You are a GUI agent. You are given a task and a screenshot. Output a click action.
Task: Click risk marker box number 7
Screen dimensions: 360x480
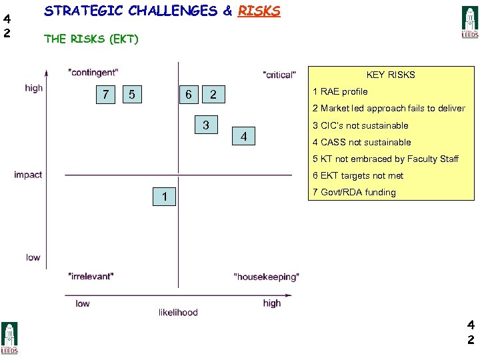(x=105, y=95)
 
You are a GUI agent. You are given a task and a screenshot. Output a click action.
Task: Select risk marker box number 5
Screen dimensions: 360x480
(x=132, y=95)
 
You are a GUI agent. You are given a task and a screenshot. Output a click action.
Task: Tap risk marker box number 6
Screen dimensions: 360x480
(x=189, y=95)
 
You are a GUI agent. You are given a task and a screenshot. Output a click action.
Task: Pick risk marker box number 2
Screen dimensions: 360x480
(x=213, y=95)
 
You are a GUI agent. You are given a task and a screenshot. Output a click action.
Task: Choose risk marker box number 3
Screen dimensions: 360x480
(x=206, y=125)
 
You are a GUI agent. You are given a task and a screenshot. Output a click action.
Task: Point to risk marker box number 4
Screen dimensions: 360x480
(x=244, y=137)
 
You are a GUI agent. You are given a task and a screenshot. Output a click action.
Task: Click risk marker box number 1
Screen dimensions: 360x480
(x=165, y=196)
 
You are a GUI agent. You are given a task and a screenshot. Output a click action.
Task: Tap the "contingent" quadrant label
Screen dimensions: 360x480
(x=93, y=72)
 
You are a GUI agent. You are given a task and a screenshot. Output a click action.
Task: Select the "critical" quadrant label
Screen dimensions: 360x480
(x=279, y=75)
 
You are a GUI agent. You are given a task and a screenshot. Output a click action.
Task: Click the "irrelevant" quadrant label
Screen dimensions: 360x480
(x=91, y=275)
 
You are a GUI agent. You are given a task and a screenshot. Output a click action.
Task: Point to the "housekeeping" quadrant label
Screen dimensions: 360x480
(x=267, y=277)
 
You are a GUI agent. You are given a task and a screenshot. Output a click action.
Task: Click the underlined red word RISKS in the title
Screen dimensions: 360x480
(x=259, y=11)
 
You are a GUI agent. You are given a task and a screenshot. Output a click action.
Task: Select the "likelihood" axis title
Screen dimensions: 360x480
(x=178, y=312)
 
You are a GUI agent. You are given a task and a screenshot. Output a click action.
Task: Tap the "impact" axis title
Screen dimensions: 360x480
(x=28, y=175)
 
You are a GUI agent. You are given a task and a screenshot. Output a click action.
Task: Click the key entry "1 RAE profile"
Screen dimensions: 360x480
(x=340, y=91)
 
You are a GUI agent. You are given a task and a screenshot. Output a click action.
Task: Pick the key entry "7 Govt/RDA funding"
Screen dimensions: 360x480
(x=354, y=192)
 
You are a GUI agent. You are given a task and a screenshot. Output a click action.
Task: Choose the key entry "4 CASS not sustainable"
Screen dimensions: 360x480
(x=361, y=142)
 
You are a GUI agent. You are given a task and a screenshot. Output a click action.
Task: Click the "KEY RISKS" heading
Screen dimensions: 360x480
(x=391, y=75)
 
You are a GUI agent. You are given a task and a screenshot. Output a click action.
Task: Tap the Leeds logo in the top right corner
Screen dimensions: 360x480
(x=470, y=23)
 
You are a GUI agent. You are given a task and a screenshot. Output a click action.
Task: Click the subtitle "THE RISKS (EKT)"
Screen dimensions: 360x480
(x=91, y=39)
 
